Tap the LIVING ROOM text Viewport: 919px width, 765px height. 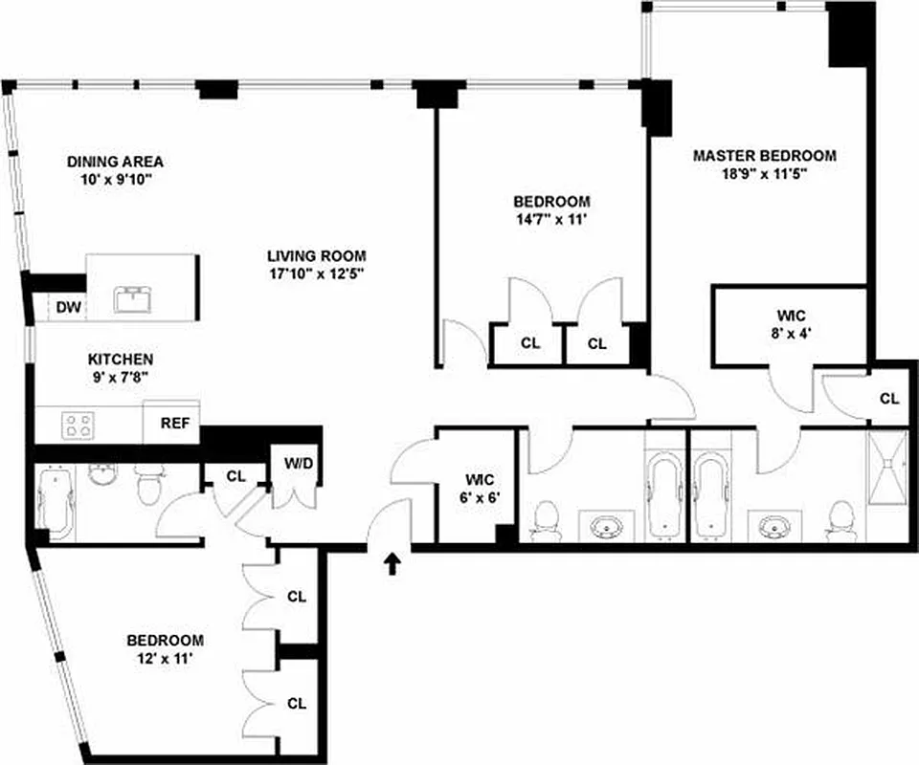point(317,255)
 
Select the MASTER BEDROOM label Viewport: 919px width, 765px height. point(765,155)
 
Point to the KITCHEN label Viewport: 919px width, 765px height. point(121,359)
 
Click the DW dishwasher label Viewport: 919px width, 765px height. point(66,307)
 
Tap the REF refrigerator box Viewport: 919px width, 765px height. point(172,423)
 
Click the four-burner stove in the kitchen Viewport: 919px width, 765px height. point(78,424)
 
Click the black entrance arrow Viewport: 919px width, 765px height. point(392,564)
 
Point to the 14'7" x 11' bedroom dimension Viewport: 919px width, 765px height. point(550,219)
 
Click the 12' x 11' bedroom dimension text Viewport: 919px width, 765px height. point(166,658)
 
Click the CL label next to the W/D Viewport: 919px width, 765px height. point(235,474)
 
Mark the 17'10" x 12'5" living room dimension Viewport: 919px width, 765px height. point(317,273)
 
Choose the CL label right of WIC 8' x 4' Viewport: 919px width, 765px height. point(889,398)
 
